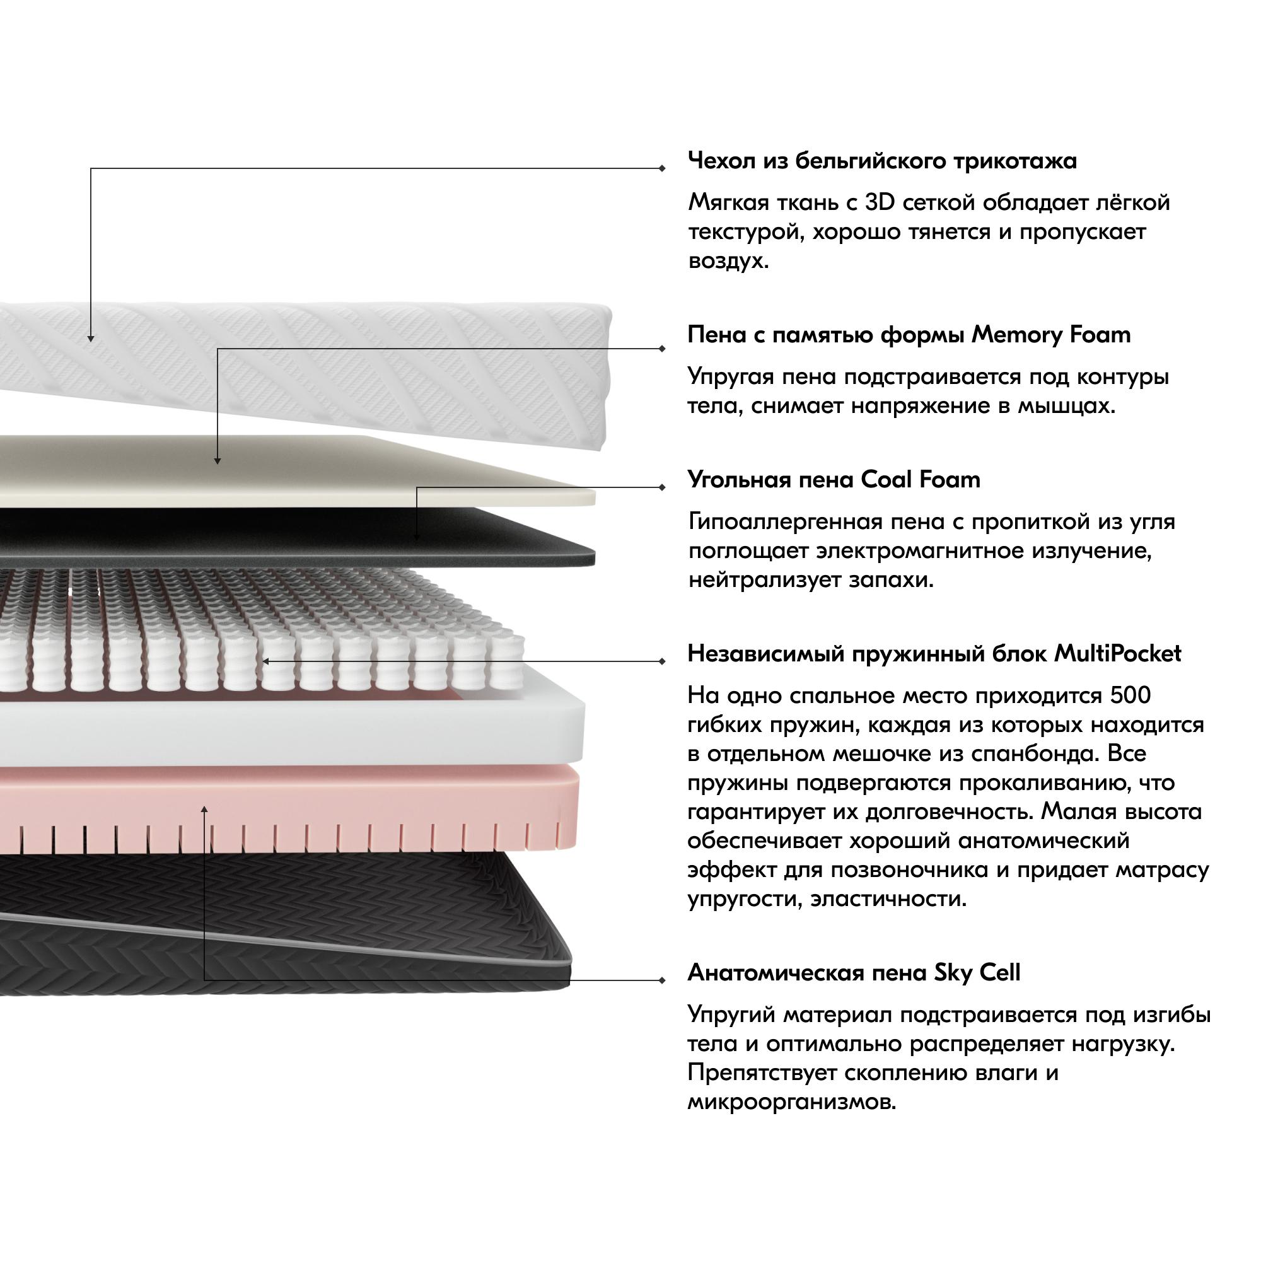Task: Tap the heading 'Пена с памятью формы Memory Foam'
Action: point(909,335)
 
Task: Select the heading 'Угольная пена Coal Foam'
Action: point(834,480)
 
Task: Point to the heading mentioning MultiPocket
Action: point(934,653)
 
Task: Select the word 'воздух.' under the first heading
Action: point(729,261)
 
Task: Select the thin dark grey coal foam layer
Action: point(294,538)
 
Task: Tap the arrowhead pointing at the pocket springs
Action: point(265,661)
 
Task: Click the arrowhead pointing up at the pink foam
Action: point(204,810)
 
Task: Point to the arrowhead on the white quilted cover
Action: point(91,338)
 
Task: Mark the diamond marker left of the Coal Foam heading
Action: point(663,487)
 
